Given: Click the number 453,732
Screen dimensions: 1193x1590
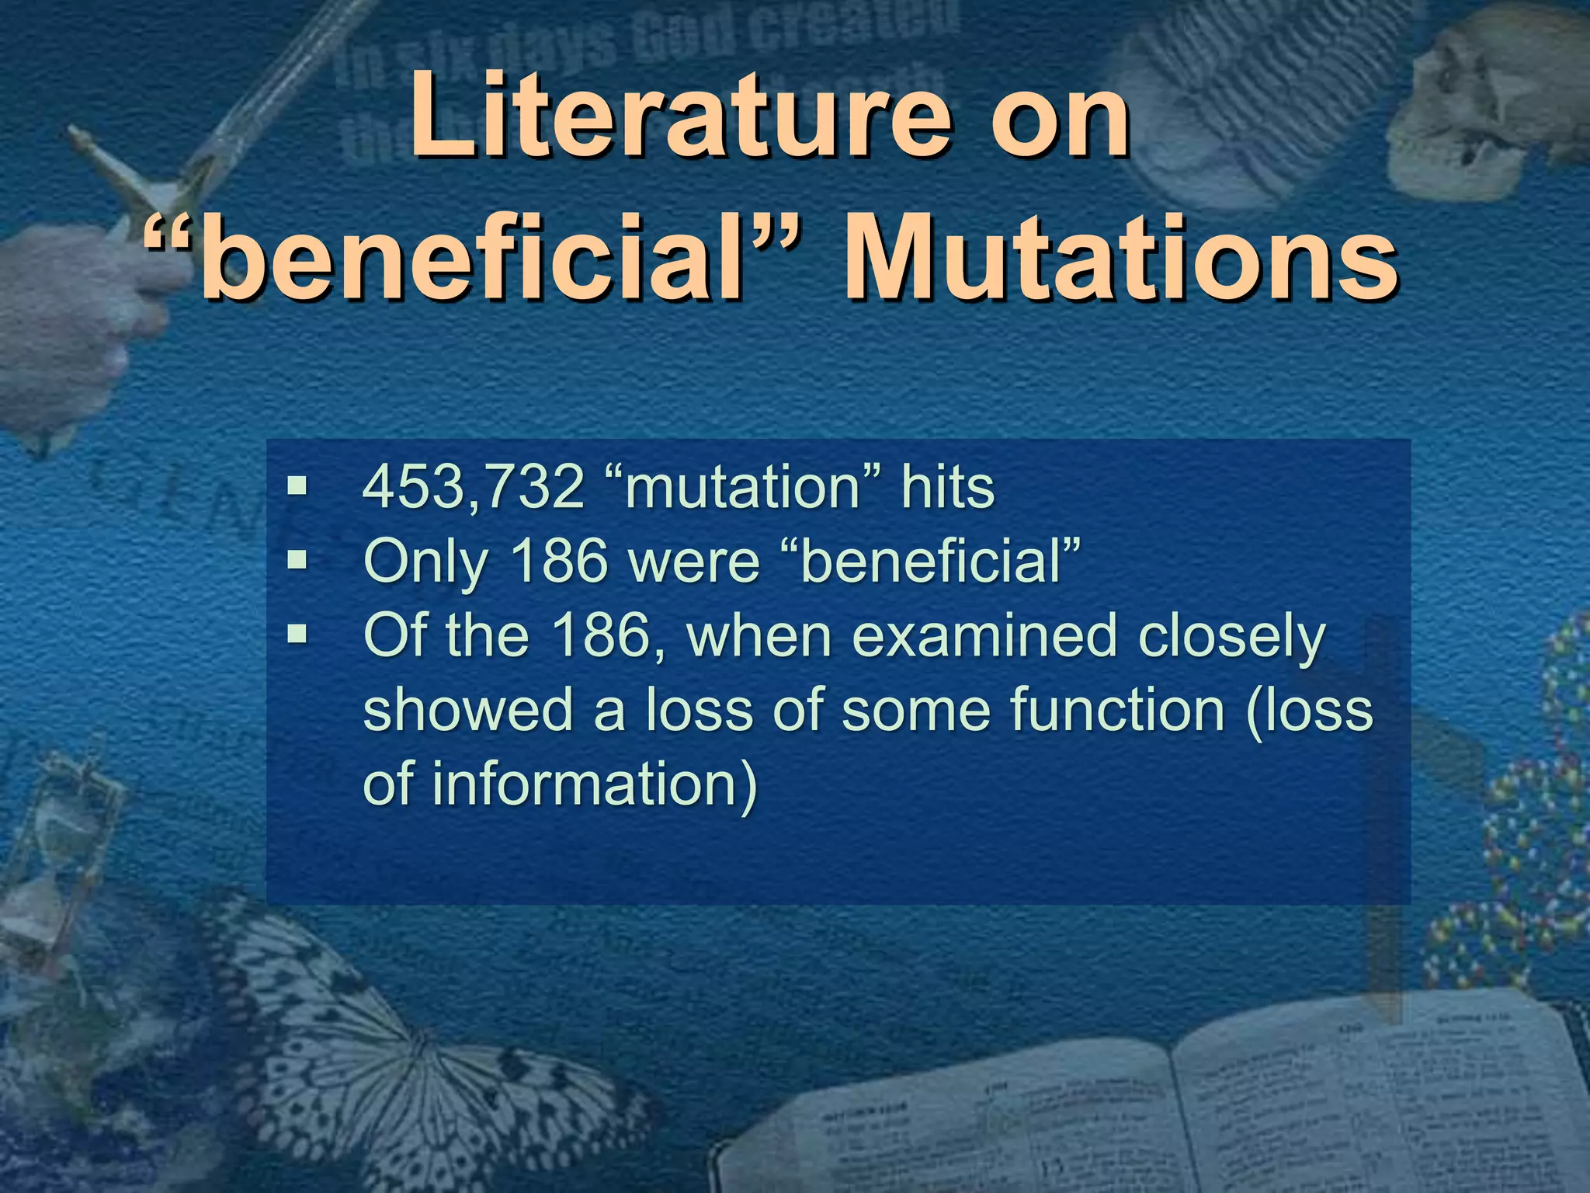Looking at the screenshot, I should coord(473,488).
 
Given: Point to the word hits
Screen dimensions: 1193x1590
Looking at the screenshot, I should coord(947,488).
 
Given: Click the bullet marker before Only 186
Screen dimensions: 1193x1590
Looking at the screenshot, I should coord(297,559).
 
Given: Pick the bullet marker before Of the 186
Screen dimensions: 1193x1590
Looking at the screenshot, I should coord(297,635).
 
